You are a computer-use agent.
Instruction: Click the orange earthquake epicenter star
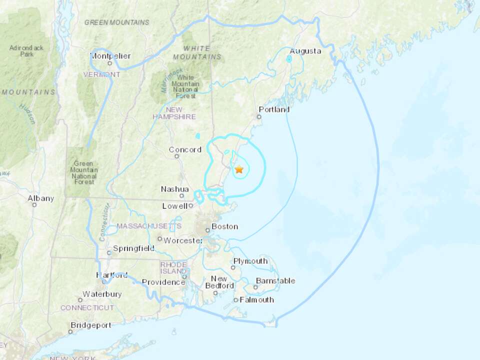239,169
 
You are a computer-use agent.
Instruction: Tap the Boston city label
224,226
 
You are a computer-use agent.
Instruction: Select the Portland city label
274,109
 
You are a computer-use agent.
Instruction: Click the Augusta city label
305,51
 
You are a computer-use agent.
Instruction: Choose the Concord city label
185,149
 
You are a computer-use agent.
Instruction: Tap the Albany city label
41,198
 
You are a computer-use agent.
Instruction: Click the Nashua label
175,189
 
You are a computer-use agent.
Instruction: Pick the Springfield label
133,248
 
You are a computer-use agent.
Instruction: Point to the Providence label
163,282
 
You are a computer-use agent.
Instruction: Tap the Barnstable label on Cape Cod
275,281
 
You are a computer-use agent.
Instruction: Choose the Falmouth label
257,300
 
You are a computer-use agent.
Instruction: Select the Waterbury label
102,294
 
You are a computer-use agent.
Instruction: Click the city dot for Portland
259,116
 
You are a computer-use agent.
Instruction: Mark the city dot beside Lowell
191,205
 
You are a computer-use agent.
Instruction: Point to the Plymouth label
250,261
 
